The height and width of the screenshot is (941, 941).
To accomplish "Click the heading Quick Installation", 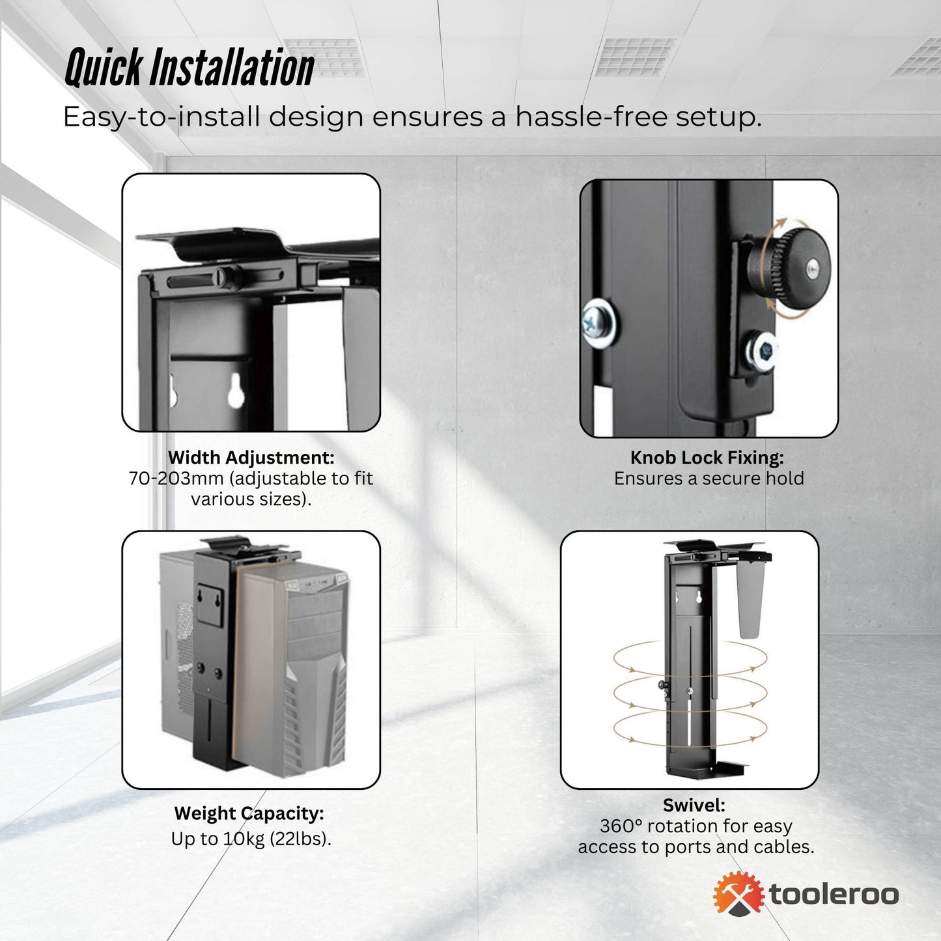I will (x=190, y=68).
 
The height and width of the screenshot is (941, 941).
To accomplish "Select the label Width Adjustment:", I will (x=251, y=458).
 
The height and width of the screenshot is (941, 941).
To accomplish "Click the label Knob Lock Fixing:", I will (x=707, y=458).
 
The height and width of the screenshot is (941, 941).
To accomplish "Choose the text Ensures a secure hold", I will (x=709, y=479).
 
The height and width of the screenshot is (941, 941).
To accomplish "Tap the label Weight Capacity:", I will (x=249, y=813).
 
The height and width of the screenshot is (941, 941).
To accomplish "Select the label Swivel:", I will (x=694, y=806).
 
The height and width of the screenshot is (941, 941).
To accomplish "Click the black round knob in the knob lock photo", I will (x=791, y=265).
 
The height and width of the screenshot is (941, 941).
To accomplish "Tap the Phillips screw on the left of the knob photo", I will (x=597, y=320).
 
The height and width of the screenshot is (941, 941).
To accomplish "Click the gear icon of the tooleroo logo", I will (x=738, y=893).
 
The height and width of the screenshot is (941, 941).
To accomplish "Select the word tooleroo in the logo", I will (x=834, y=894).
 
